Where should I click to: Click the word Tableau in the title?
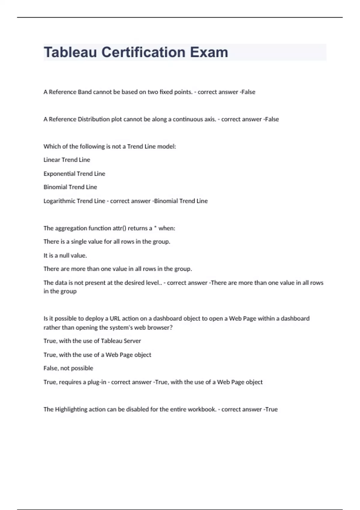point(70,52)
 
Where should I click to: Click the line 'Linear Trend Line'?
point(67,160)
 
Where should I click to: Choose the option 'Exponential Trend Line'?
point(74,174)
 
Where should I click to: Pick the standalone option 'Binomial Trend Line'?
point(70,187)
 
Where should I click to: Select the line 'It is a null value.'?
point(65,256)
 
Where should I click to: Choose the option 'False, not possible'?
point(68,368)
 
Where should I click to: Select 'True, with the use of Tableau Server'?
point(92,341)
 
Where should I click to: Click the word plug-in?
point(97,382)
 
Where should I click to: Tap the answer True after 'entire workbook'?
point(271,409)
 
